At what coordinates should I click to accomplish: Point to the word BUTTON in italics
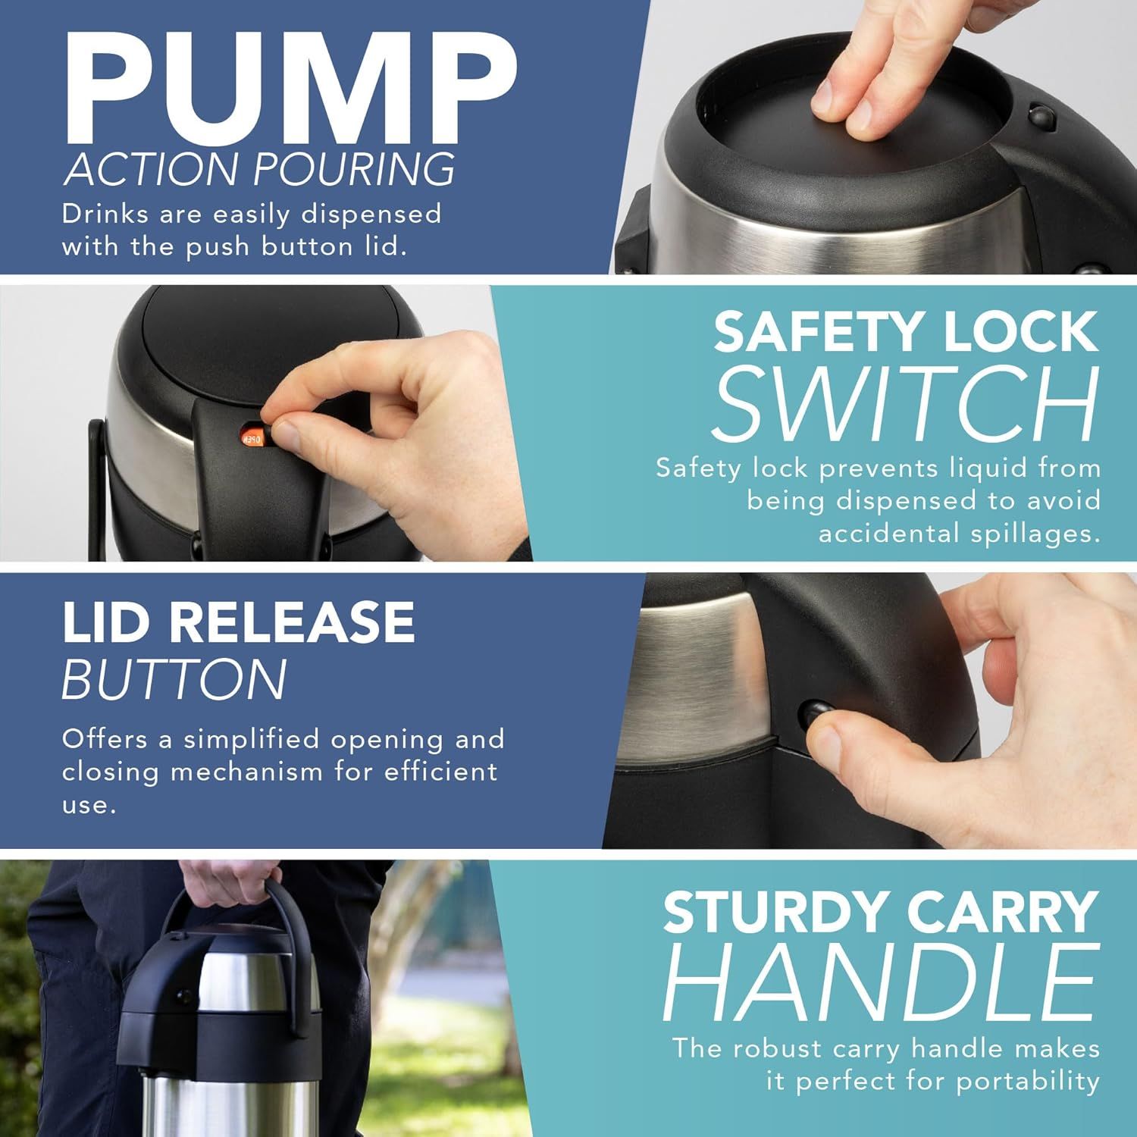[174, 678]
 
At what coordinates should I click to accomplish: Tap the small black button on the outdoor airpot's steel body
[182, 996]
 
